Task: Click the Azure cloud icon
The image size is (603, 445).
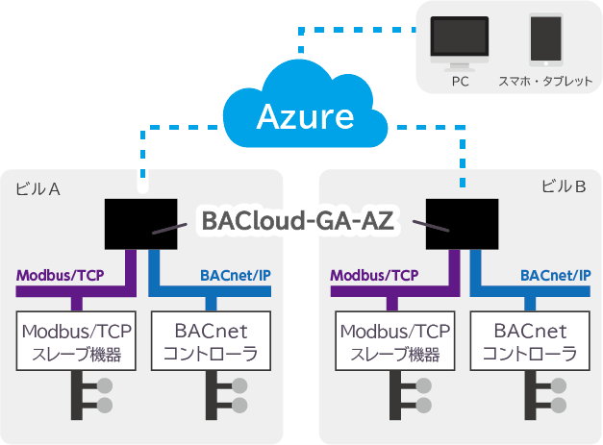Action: pyautogui.click(x=305, y=104)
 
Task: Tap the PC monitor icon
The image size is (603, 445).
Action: pyautogui.click(x=460, y=43)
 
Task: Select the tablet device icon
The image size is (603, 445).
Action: pyautogui.click(x=546, y=39)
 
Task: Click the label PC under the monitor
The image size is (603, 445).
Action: pyautogui.click(x=460, y=82)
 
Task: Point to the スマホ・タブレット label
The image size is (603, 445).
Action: pyautogui.click(x=545, y=82)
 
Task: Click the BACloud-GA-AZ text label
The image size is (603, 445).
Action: pyautogui.click(x=298, y=221)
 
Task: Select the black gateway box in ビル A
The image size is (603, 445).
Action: pyautogui.click(x=141, y=224)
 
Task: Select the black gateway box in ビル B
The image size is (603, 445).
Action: pyautogui.click(x=463, y=224)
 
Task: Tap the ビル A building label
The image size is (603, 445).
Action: pyautogui.click(x=38, y=189)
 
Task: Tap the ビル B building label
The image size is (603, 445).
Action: pyautogui.click(x=564, y=186)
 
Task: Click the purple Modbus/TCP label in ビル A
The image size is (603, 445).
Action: pyautogui.click(x=60, y=276)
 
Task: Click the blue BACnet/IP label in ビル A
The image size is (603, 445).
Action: pyautogui.click(x=236, y=276)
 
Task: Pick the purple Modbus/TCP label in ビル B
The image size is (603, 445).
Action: pyautogui.click(x=374, y=276)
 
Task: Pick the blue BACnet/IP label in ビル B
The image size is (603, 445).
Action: pyautogui.click(x=555, y=276)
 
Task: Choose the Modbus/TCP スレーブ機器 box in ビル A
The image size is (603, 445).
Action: pyautogui.click(x=76, y=341)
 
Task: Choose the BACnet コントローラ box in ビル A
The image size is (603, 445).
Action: pyautogui.click(x=212, y=341)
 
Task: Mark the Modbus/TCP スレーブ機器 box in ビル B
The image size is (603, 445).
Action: pyautogui.click(x=395, y=341)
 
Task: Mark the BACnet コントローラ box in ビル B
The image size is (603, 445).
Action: pyautogui.click(x=530, y=341)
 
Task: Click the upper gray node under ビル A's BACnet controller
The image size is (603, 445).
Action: pyautogui.click(x=239, y=385)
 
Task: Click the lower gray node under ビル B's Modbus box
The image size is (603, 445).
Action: pyautogui.click(x=424, y=406)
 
